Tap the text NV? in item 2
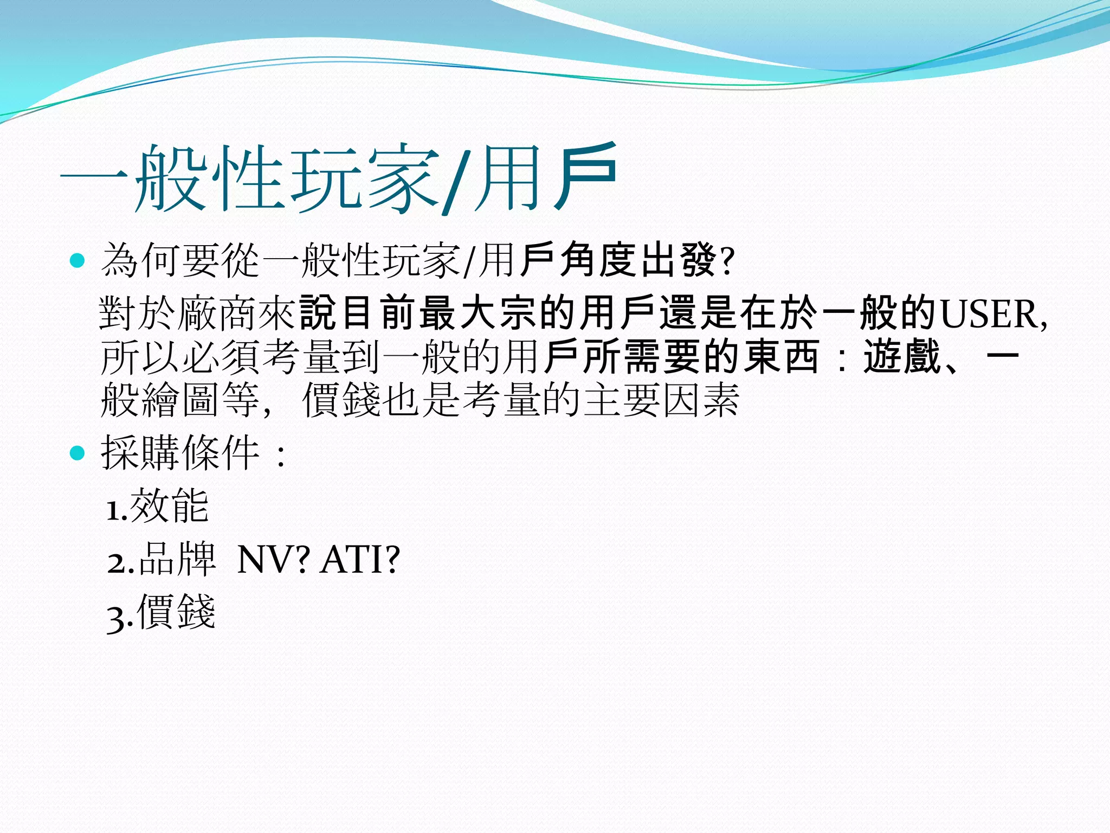pyautogui.click(x=274, y=560)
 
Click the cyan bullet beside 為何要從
pyautogui.click(x=78, y=261)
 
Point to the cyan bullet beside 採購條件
pyautogui.click(x=78, y=452)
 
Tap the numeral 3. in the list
pyautogui.click(x=120, y=618)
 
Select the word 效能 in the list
pyautogui.click(x=169, y=505)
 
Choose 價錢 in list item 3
pyautogui.click(x=176, y=612)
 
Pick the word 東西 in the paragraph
pyautogui.click(x=780, y=357)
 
